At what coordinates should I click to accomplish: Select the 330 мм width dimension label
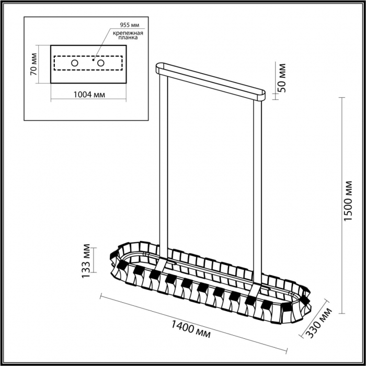tap(319, 323)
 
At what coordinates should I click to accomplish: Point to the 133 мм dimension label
tap(86, 261)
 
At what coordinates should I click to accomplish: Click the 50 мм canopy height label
tap(282, 78)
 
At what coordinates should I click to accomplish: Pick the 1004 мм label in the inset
tap(89, 95)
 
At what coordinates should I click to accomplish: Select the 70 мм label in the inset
tap(33, 64)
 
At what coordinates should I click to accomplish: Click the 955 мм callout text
tap(129, 25)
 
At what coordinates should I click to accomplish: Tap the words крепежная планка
tap(128, 35)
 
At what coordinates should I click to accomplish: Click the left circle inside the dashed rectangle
tap(75, 63)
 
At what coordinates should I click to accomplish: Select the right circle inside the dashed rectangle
tap(100, 63)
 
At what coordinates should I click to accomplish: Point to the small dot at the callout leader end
tap(94, 60)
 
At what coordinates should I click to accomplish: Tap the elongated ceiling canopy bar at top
tap(211, 82)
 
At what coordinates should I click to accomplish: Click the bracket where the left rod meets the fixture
tap(161, 264)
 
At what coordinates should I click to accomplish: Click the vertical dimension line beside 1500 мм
tap(342, 205)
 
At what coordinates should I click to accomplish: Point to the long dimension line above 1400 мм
tap(193, 324)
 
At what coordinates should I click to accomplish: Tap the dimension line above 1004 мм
tap(88, 99)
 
